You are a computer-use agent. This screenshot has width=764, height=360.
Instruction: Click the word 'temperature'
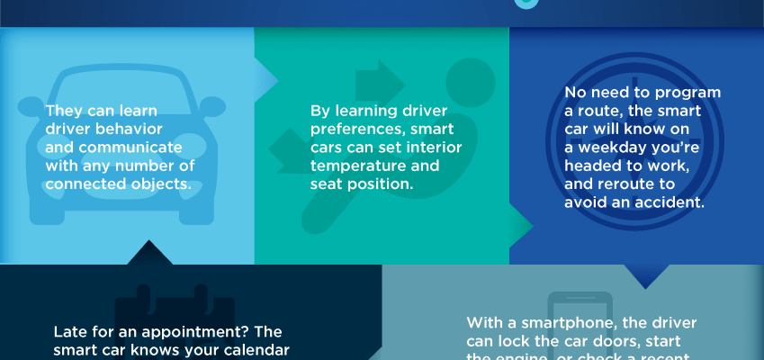click(x=355, y=165)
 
